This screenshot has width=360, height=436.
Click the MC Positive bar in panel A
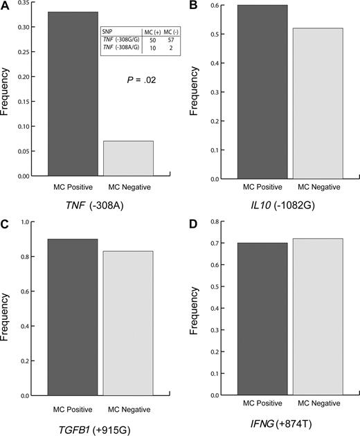(x=73, y=94)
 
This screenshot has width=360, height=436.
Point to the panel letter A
(x=6, y=6)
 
